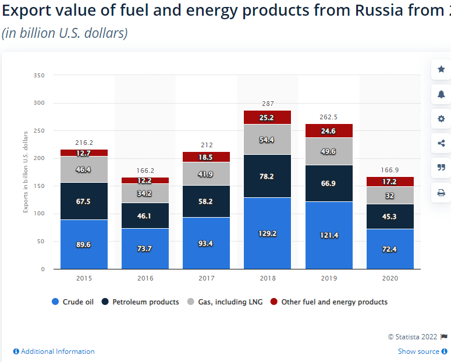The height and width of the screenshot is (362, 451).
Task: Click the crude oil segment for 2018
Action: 267,233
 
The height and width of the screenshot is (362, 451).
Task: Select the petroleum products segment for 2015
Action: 84,201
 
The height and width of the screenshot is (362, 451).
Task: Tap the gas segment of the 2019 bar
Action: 328,152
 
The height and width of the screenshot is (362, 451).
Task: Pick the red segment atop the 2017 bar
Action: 206,157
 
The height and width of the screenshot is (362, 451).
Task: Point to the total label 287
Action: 267,104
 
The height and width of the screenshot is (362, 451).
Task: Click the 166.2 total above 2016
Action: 145,171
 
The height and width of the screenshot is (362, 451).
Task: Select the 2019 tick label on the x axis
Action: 328,279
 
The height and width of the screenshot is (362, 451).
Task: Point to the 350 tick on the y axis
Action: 39,76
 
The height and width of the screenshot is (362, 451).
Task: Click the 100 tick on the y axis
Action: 39,214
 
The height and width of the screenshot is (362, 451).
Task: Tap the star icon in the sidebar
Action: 441,69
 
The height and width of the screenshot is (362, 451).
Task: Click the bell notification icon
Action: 441,94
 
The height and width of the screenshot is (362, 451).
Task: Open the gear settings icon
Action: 441,119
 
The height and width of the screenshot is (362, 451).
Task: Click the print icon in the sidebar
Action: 441,193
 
